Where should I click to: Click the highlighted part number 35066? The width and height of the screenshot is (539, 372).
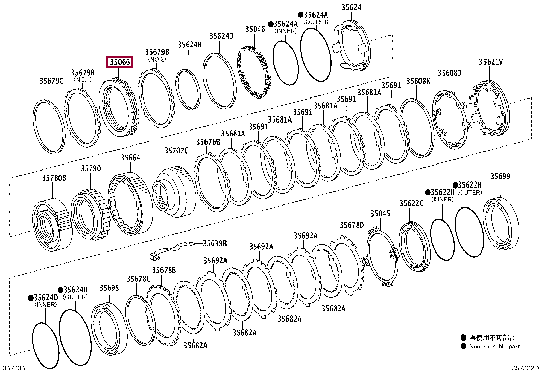[x=120, y=62]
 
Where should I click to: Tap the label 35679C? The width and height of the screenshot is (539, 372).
[x=51, y=81]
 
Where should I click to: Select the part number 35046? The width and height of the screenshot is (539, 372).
[x=255, y=29]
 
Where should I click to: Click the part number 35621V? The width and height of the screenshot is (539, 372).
[x=491, y=62]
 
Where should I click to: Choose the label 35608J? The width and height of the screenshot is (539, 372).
[x=449, y=73]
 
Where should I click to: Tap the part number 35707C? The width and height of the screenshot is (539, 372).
[x=176, y=151]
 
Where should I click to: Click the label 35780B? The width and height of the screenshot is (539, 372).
[x=54, y=178]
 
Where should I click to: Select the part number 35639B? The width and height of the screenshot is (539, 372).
[x=215, y=244]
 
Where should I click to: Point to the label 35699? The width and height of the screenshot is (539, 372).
[x=500, y=176]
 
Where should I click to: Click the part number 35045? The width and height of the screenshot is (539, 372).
[x=380, y=214]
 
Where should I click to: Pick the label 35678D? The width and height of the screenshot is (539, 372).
[x=351, y=225]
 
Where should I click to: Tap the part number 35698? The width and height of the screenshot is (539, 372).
[x=109, y=288]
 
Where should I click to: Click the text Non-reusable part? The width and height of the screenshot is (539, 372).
[x=494, y=346]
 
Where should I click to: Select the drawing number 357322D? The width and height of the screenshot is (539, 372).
[x=524, y=368]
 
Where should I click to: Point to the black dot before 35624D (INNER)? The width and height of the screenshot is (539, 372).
[x=30, y=298]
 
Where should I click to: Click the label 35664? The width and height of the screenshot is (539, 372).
[x=130, y=158]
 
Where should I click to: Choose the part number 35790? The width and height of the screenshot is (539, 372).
[x=90, y=169]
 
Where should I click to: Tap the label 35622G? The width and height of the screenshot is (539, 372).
[x=411, y=203]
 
